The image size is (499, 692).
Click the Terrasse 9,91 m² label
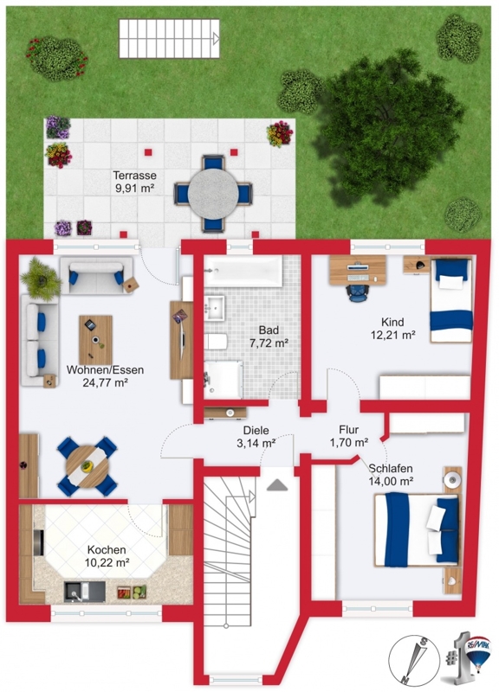(134, 182)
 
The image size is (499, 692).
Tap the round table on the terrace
(213, 193)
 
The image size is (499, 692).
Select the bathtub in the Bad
(243, 272)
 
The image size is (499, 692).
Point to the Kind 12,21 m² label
(392, 329)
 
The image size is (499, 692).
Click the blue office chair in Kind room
(358, 292)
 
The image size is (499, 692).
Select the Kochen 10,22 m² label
(107, 556)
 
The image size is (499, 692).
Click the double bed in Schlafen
(417, 529)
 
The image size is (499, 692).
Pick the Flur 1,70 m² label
(349, 436)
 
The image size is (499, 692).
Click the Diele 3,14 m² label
(256, 437)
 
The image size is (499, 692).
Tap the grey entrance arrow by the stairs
(277, 485)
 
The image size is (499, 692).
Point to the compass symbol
(414, 659)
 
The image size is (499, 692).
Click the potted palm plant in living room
(41, 279)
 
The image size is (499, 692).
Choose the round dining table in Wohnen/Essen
(87, 466)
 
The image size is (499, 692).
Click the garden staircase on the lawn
(169, 38)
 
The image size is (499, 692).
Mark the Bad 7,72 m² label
(269, 336)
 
